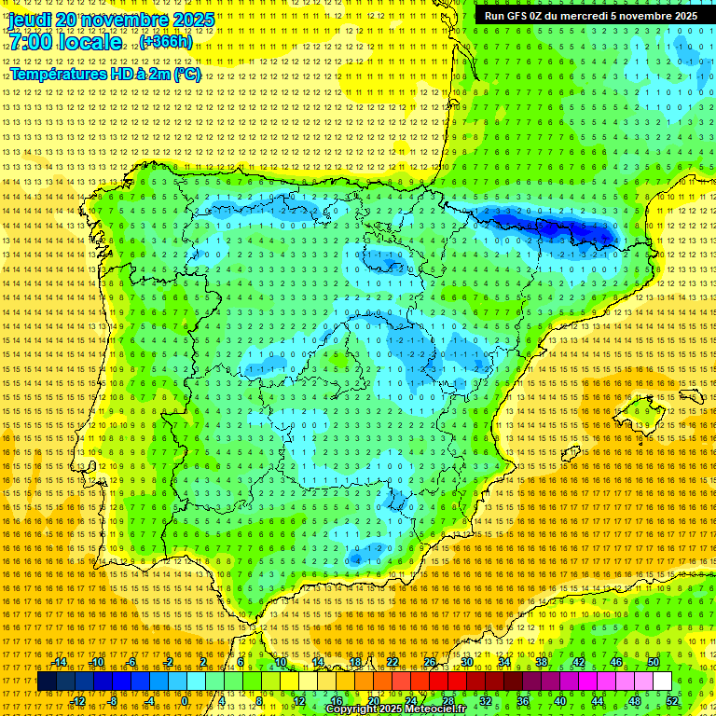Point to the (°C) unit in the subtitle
click(x=186, y=75)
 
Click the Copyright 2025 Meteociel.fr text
click(x=395, y=709)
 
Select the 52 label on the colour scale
click(x=672, y=700)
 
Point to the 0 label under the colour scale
click(x=186, y=700)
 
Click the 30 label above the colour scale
click(x=466, y=662)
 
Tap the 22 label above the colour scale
click(x=392, y=662)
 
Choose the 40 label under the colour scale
click(x=559, y=700)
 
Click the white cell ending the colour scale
click(x=662, y=682)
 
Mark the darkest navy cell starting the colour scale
click(x=47, y=682)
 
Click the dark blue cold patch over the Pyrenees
click(x=550, y=227)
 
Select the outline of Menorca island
click(x=692, y=396)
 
